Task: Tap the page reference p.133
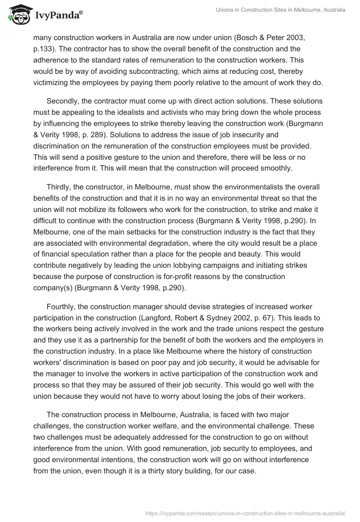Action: tap(44, 48)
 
